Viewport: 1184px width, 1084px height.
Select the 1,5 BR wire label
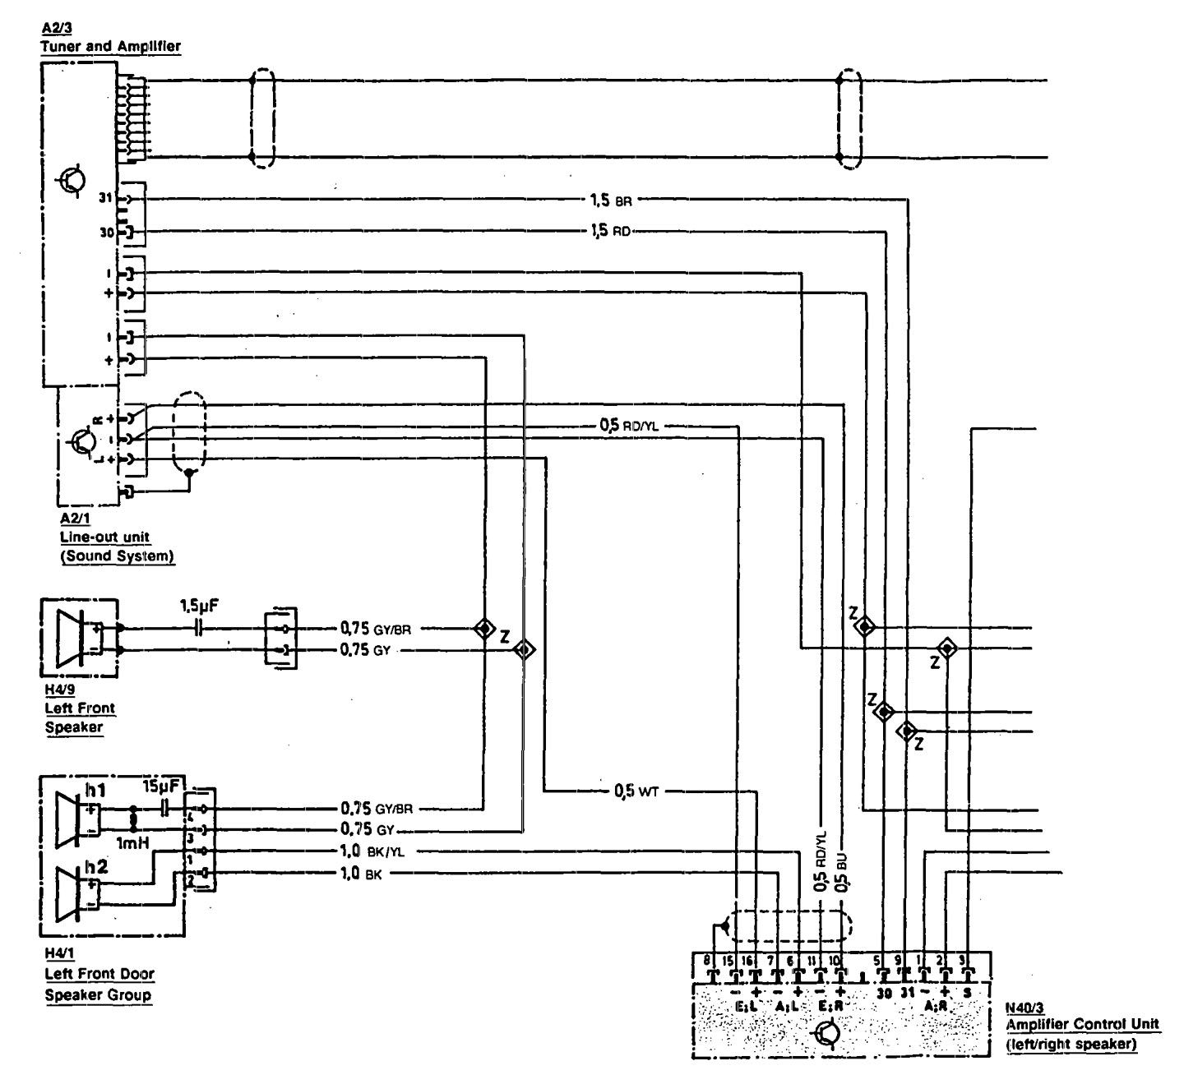tap(611, 200)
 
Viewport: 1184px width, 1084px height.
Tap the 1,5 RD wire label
tap(611, 232)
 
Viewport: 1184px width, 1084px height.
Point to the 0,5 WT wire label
tap(636, 791)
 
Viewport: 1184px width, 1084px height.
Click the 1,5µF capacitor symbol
tap(197, 630)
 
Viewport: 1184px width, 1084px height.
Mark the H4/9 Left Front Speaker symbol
tap(76, 639)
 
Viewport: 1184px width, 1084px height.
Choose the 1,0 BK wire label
tap(362, 874)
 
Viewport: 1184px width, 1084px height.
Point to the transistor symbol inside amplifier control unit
tap(827, 1033)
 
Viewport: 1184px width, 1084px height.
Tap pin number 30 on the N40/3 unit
tap(884, 992)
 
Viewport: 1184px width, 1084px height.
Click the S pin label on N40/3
tap(967, 992)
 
